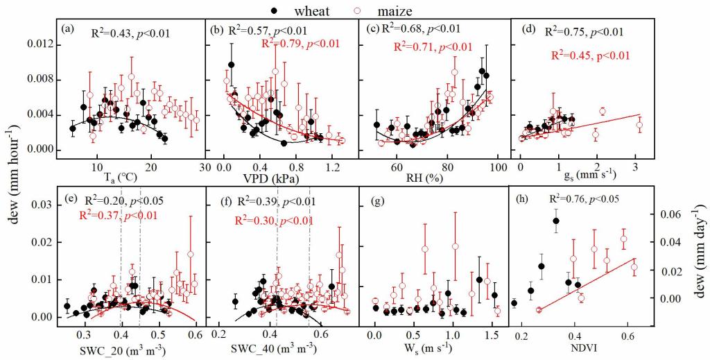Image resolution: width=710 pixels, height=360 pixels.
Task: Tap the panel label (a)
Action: tap(68, 28)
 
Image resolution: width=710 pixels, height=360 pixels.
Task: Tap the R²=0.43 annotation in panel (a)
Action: tap(131, 31)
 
